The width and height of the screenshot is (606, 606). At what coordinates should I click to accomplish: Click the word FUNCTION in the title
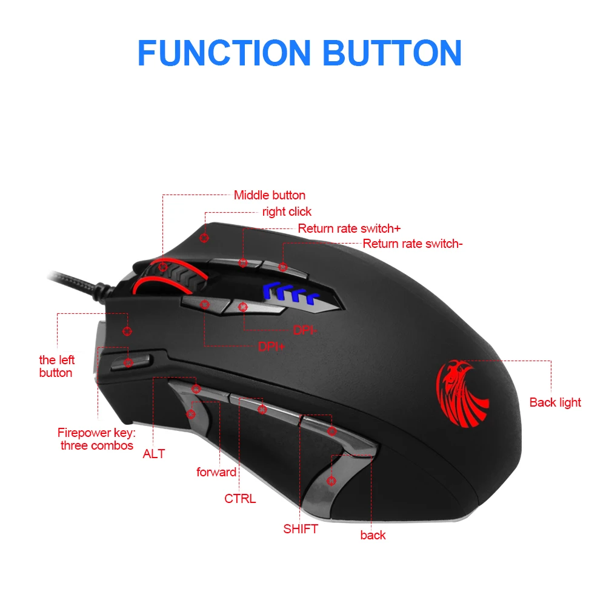224,53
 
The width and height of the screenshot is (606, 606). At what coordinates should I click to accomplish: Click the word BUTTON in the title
392,53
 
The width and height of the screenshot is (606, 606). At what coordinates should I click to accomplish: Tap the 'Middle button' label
270,195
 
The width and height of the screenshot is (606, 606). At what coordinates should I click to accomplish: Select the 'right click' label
287,211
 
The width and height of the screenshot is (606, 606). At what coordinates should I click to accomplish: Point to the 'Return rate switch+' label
349,228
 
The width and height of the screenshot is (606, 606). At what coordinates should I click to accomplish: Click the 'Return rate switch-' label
413,244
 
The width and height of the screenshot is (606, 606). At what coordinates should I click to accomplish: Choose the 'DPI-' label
305,330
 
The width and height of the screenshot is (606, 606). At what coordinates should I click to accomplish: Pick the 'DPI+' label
271,347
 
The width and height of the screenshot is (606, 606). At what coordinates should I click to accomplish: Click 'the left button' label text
56,366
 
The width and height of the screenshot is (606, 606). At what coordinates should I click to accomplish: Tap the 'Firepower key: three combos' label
96,439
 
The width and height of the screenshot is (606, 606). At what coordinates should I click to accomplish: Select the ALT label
154,453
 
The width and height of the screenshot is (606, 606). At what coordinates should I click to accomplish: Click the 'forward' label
216,472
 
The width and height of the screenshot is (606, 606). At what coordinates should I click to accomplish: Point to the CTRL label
240,499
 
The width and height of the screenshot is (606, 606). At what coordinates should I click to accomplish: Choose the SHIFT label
300,529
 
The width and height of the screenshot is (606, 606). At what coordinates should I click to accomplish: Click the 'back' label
373,535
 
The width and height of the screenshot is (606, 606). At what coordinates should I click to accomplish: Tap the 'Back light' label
555,402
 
